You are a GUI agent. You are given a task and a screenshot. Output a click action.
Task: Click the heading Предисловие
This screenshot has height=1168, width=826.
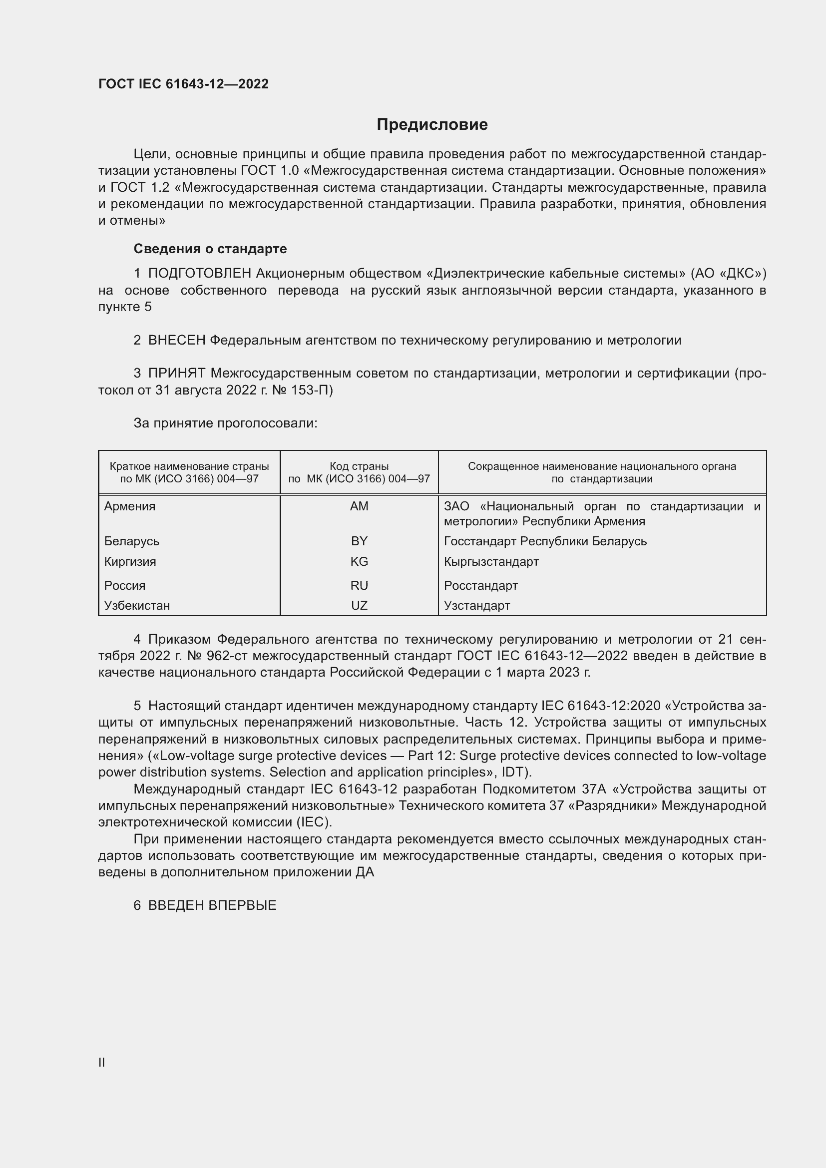click(x=432, y=125)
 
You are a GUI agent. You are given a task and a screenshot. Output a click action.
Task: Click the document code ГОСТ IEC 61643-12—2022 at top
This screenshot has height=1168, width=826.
click(x=183, y=84)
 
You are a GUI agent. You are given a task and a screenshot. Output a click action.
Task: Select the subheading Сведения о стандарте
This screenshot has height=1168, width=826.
click(x=210, y=249)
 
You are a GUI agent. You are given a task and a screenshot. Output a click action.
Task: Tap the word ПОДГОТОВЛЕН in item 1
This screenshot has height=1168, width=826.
click(x=199, y=274)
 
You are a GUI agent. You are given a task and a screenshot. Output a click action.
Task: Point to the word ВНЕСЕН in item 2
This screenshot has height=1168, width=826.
click(x=176, y=341)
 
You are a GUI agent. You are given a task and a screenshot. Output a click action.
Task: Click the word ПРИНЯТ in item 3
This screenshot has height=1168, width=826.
click(x=176, y=374)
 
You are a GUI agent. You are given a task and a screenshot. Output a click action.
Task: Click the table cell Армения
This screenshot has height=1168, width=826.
click(x=130, y=506)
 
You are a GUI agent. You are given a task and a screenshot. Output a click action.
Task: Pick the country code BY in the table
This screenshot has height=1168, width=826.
click(x=359, y=541)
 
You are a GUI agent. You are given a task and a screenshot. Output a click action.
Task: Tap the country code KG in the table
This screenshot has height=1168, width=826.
click(x=359, y=562)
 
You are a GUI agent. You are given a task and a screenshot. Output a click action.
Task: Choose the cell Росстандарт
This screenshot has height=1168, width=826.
click(x=480, y=586)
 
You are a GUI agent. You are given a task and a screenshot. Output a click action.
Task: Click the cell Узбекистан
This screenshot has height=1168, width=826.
click(x=137, y=605)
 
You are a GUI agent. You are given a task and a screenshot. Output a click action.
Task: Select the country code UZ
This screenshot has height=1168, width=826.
click(x=359, y=605)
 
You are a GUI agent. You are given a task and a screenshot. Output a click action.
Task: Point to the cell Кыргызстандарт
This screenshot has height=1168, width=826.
click(x=491, y=562)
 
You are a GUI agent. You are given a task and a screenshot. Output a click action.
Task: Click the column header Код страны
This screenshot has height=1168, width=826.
click(x=359, y=466)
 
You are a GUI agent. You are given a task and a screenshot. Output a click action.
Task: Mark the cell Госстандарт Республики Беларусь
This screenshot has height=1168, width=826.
click(x=545, y=541)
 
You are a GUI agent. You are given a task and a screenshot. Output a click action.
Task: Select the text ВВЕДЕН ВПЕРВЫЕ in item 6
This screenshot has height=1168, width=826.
click(x=212, y=905)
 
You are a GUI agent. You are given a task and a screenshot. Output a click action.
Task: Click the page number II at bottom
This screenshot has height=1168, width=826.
click(x=102, y=1062)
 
